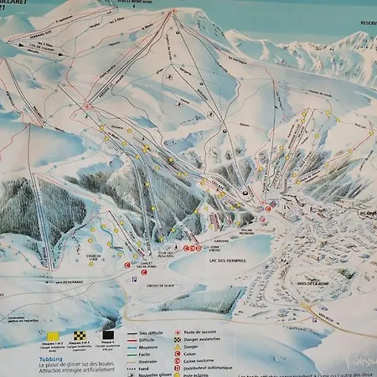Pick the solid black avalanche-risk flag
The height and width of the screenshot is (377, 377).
[107, 334]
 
